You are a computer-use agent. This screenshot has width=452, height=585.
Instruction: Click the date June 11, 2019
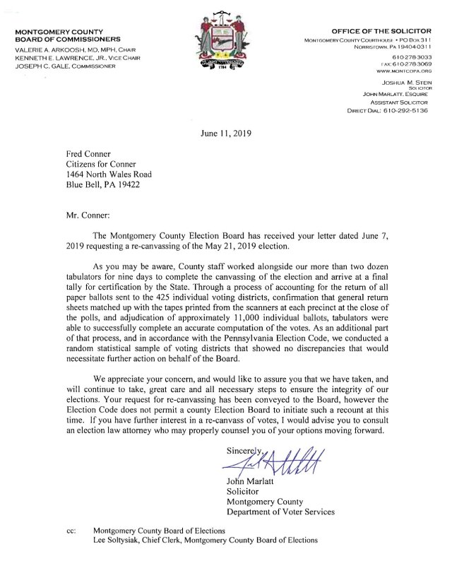click(225, 133)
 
